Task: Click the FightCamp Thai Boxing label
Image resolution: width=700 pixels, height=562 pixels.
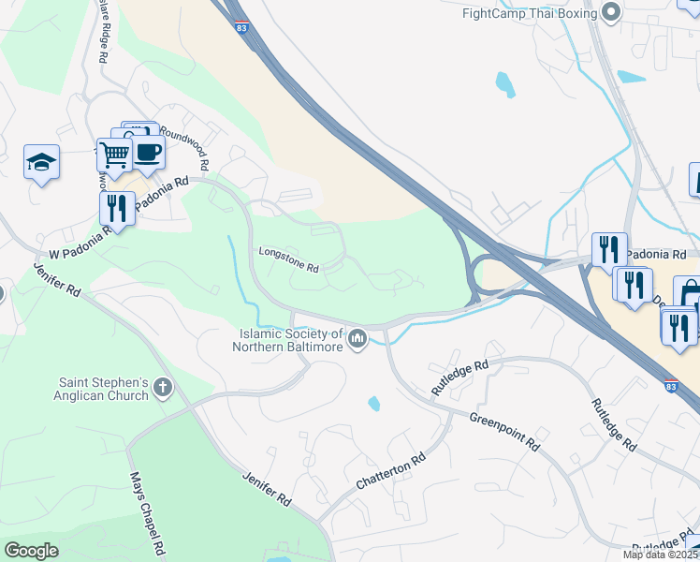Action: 530,12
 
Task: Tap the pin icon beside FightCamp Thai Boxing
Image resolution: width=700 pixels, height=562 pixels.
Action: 612,12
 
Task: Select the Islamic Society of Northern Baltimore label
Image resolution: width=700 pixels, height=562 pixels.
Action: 289,340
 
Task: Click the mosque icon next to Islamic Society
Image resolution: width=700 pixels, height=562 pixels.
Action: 357,338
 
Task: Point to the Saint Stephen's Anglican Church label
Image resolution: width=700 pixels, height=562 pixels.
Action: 103,389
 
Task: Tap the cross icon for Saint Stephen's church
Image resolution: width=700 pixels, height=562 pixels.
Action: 163,388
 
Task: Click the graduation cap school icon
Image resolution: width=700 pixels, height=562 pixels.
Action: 41,162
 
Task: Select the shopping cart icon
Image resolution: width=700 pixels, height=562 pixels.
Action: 114,155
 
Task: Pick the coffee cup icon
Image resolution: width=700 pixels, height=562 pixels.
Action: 148,152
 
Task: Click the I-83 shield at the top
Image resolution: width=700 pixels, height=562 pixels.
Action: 241,29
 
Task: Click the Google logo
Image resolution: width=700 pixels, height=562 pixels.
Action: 31,551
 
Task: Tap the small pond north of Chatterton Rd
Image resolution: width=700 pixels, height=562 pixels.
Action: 374,404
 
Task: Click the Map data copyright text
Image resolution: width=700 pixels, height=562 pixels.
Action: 661,555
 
